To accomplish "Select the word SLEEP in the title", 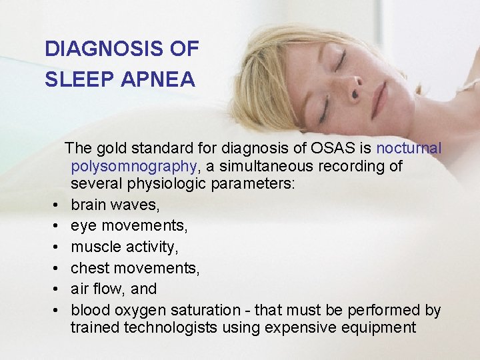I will [x=72, y=80].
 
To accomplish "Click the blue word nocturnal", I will [x=409, y=147].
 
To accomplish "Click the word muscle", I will [x=95, y=247].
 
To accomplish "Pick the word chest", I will [x=91, y=268].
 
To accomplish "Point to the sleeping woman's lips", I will [x=379, y=100].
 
